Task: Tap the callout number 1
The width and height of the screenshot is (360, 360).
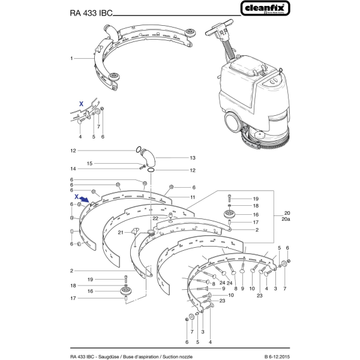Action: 71,59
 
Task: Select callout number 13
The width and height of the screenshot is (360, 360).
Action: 176,158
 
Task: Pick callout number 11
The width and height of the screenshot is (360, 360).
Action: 193,197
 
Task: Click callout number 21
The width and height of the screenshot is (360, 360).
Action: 120,232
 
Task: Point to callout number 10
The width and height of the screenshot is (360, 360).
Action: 230,295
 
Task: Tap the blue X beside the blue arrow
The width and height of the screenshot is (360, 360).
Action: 77,196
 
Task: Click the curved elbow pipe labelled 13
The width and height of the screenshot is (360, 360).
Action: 151,158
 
